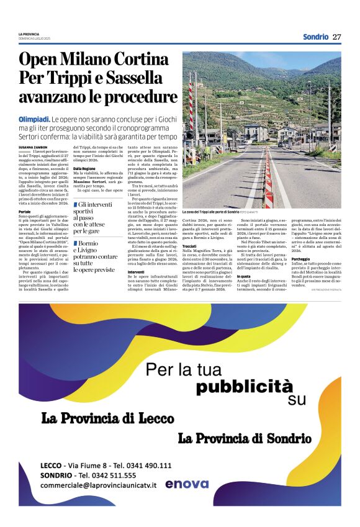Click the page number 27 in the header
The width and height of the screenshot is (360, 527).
[336, 37]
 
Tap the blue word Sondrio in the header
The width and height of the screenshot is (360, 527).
[315, 37]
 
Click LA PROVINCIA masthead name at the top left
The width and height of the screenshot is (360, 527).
[29, 34]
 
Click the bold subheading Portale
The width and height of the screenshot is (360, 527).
[25, 212]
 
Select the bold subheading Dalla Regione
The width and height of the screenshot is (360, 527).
[84, 169]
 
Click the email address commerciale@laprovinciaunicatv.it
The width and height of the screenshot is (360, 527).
[98, 485]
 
